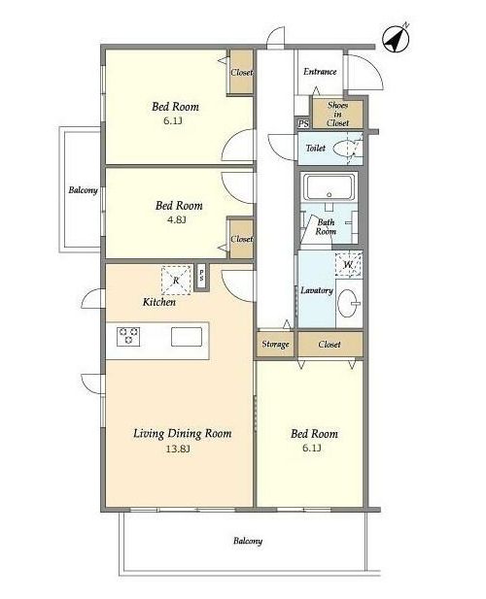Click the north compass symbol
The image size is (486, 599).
click(397, 39)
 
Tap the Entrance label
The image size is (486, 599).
click(320, 72)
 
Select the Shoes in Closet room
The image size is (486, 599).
click(337, 114)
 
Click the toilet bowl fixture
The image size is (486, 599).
click(345, 149)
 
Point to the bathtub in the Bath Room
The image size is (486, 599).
click(330, 187)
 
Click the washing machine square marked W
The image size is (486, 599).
click(348, 264)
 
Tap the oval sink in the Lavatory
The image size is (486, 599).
click(349, 303)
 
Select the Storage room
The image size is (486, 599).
click(275, 345)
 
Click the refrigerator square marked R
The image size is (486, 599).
click(176, 281)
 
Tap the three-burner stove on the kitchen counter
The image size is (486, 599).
click(129, 336)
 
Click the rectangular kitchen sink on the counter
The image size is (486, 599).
click(187, 337)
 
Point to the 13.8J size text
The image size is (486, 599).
click(178, 449)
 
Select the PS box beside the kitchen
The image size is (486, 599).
click(201, 277)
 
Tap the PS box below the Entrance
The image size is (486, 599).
click(303, 123)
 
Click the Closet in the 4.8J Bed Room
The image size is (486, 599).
click(241, 239)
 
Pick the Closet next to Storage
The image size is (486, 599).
click(330, 345)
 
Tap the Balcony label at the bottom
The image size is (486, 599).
click(248, 541)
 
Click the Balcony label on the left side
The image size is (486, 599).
click(83, 190)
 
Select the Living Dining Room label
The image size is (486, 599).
click(183, 434)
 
